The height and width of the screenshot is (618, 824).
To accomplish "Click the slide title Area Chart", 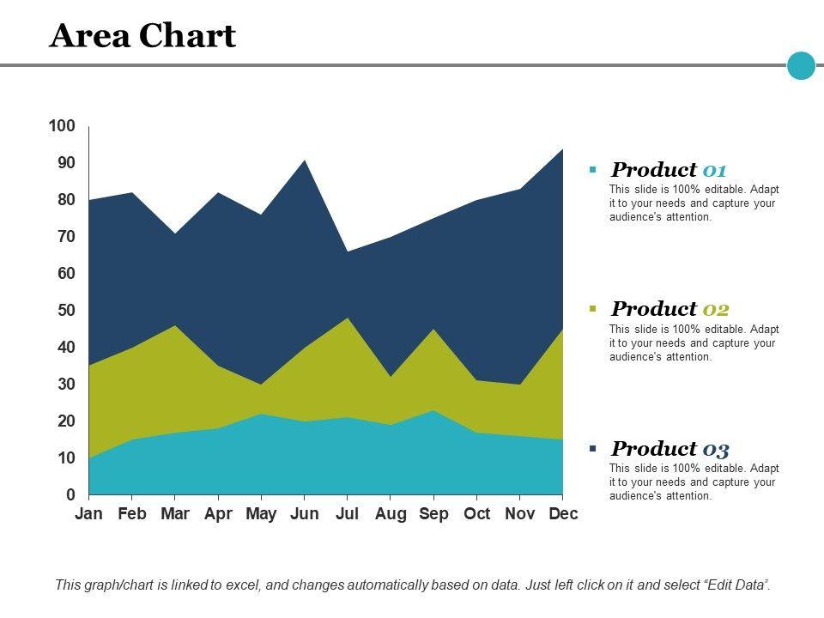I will point(142,36).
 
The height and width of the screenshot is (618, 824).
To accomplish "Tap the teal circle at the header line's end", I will point(801,65).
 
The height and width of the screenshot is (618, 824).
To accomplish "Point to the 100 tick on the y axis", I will point(63,126).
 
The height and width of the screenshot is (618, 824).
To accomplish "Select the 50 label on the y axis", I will point(67,310).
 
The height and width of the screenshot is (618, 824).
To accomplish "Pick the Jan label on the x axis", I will point(88,514).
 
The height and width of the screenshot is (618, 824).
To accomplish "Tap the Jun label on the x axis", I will point(304,514).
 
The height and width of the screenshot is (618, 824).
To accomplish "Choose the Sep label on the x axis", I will point(433,514).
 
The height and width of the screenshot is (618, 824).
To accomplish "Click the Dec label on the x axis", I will point(563,514).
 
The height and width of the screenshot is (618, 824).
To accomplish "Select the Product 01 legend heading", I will point(669,170).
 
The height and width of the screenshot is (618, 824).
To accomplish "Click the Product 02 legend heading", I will point(669,309).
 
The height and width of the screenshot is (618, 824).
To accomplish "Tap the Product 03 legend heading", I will point(669,449).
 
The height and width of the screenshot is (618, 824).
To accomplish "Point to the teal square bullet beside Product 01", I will point(592,169).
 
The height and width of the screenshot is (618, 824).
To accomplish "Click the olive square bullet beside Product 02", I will point(592,308).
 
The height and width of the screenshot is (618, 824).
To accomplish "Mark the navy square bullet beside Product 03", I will point(592,448).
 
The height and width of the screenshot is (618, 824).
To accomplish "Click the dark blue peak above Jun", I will point(304,162).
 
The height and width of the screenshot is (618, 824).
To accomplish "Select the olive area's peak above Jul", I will point(347,320).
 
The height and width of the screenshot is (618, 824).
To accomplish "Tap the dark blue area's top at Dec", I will point(561,152).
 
